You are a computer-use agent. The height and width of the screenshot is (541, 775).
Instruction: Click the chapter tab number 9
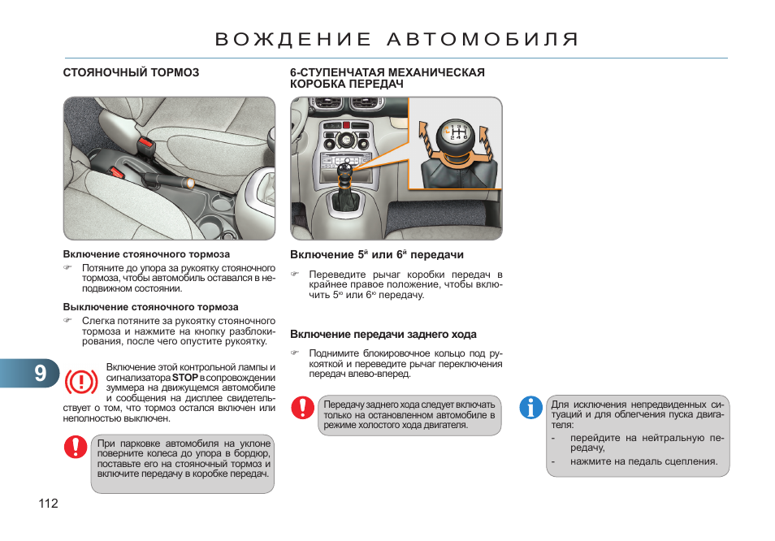[x=41, y=372]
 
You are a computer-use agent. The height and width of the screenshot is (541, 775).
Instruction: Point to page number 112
[x=48, y=504]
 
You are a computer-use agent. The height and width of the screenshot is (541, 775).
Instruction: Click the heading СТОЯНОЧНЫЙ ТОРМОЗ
[x=131, y=72]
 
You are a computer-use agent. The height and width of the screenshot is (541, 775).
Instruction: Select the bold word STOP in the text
[x=185, y=378]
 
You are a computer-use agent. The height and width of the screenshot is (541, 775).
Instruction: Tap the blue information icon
[x=531, y=408]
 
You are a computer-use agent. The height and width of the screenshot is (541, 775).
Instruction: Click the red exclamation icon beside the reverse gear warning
[x=303, y=408]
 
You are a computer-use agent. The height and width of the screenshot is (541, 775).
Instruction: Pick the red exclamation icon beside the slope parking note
[x=76, y=447]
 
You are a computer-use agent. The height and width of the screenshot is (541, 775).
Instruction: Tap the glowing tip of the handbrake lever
[x=188, y=184]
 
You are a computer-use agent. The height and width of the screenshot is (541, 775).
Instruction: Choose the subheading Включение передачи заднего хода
[x=383, y=334]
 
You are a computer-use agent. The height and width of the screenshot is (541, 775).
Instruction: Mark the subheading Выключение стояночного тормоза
[x=151, y=307]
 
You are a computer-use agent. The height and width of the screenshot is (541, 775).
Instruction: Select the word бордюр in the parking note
[x=251, y=454]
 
